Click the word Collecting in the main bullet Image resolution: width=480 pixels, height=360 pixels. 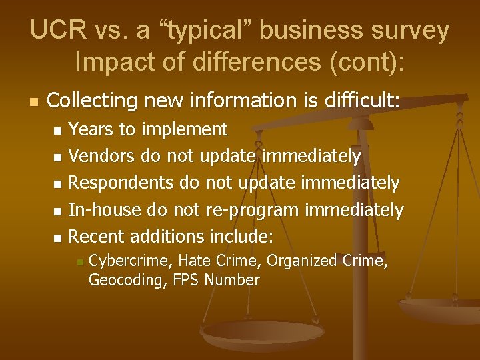pyautogui.click(x=91, y=101)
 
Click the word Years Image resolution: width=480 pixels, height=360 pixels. pyautogui.click(x=91, y=129)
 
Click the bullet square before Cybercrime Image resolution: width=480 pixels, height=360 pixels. pyautogui.click(x=79, y=261)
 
